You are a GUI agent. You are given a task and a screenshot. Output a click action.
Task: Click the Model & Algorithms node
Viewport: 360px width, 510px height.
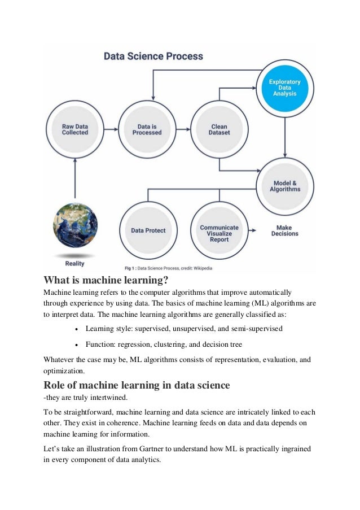pos(285,185)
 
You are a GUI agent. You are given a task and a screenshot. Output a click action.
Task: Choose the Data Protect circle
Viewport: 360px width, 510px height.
pos(149,230)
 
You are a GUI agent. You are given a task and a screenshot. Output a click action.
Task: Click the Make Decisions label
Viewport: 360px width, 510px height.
pos(285,230)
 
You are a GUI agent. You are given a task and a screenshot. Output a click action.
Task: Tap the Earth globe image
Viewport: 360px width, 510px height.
pos(74,225)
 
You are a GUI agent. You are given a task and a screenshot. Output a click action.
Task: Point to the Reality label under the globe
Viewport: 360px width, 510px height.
pos(74,263)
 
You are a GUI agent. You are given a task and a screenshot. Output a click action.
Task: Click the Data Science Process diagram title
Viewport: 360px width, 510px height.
pos(153,56)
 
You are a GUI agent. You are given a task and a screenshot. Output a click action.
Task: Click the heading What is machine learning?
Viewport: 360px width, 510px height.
pos(106,280)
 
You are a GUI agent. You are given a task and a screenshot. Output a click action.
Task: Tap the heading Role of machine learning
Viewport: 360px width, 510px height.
pos(137,385)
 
